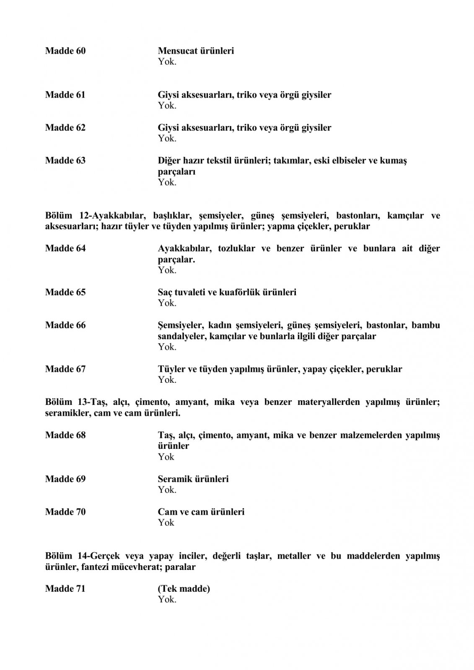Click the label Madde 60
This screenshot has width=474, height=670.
pyautogui.click(x=65, y=51)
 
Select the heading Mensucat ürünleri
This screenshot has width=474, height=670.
pyautogui.click(x=196, y=51)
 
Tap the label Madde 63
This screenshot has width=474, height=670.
pyautogui.click(x=65, y=161)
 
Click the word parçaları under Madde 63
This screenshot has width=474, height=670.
pyautogui.click(x=176, y=172)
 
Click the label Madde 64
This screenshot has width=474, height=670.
pyautogui.click(x=65, y=249)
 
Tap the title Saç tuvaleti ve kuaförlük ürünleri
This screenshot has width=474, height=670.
pyautogui.click(x=227, y=292)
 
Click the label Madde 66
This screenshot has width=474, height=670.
pyautogui.click(x=65, y=325)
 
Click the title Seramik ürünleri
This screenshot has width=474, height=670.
pyautogui.click(x=193, y=479)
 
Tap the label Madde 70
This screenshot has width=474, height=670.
pyautogui.click(x=65, y=512)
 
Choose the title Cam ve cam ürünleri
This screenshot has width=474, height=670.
pyautogui.click(x=201, y=512)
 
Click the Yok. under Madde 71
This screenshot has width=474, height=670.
pyautogui.click(x=167, y=600)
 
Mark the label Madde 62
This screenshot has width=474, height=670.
pyautogui.click(x=65, y=128)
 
